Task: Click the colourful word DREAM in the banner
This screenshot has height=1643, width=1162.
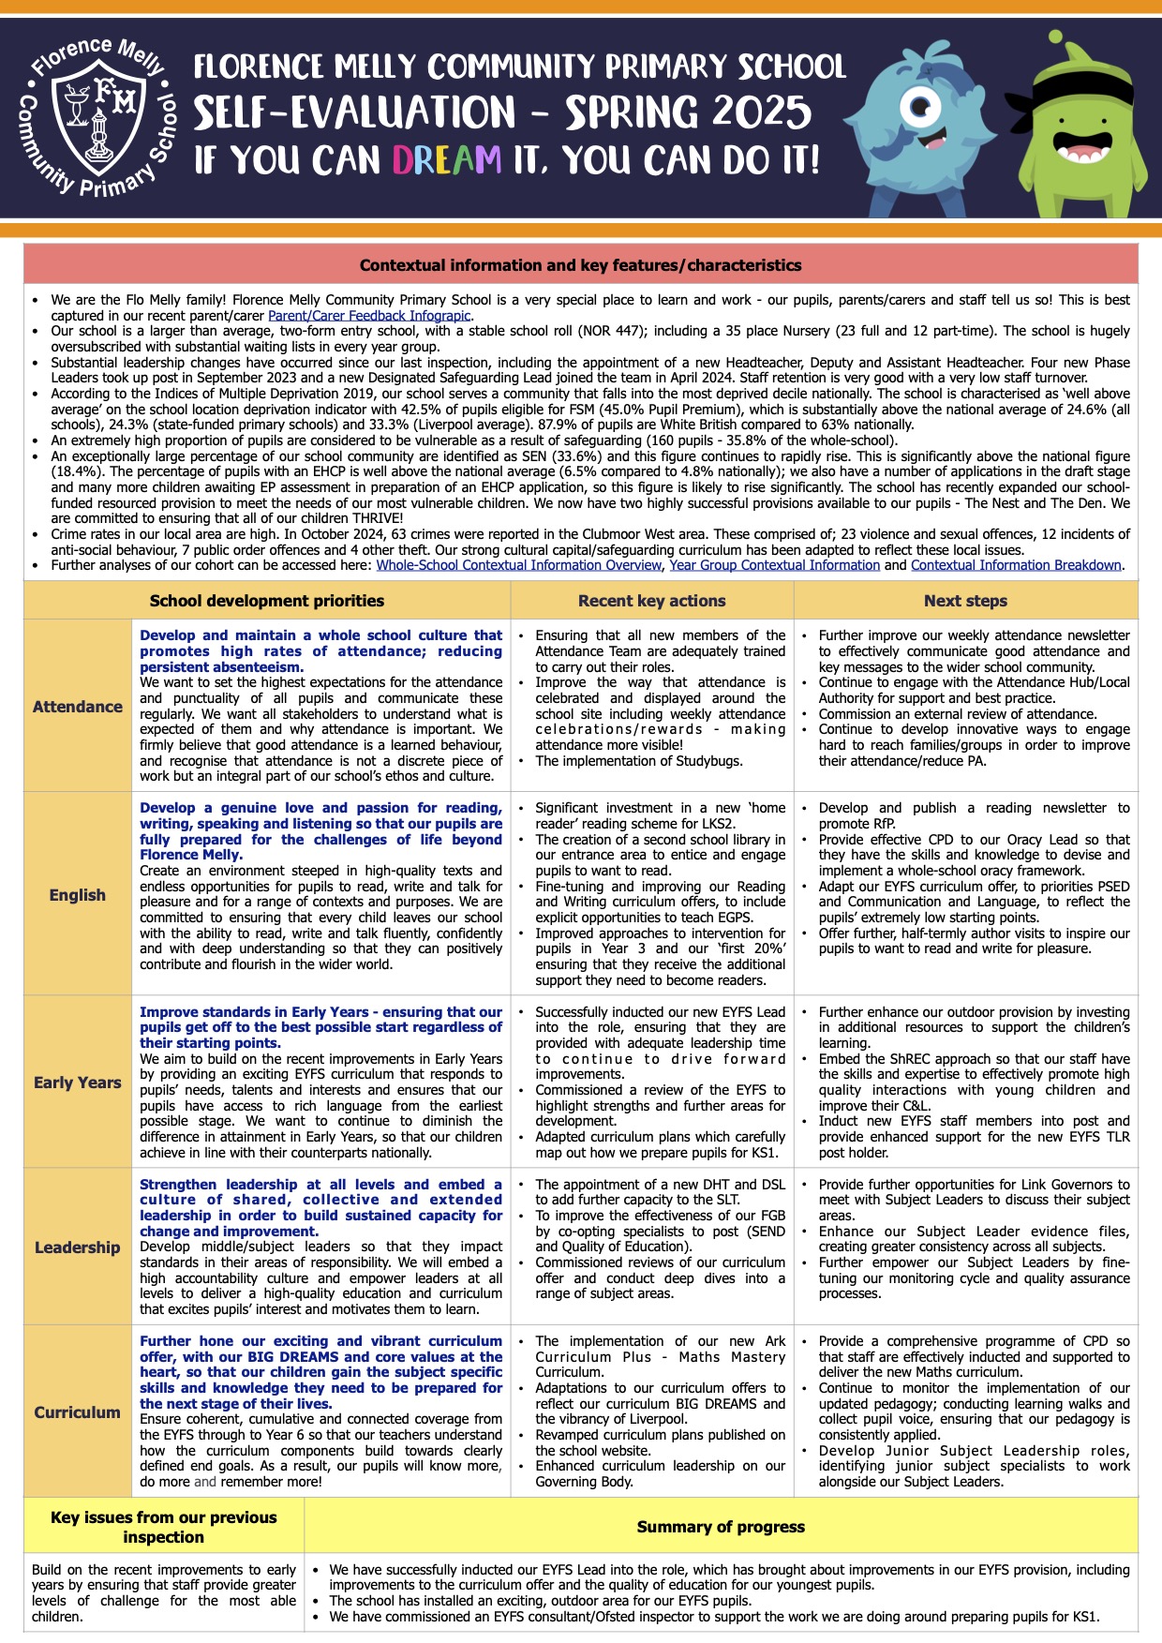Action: pos(447,160)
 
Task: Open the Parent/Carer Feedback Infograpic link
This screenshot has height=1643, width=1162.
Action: pos(369,316)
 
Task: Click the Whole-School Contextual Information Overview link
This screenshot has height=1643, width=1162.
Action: pos(518,565)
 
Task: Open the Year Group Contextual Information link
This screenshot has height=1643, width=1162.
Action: pos(774,565)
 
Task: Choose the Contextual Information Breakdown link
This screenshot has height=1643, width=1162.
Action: pos(1016,565)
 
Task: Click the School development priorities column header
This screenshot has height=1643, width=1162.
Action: pos(267,601)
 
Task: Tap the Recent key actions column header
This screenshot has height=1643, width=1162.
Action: pos(651,601)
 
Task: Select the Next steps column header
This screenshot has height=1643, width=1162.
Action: pos(965,601)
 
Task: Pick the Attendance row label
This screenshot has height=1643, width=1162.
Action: pos(78,707)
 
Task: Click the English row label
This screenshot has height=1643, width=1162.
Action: pos(78,895)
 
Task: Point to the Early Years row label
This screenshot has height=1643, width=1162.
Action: pos(78,1083)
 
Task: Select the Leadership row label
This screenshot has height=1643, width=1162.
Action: pos(78,1247)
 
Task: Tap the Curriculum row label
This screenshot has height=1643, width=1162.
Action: pos(78,1412)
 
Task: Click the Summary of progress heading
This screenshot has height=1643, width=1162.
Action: pos(721,1527)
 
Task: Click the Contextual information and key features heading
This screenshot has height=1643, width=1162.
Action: pos(580,265)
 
